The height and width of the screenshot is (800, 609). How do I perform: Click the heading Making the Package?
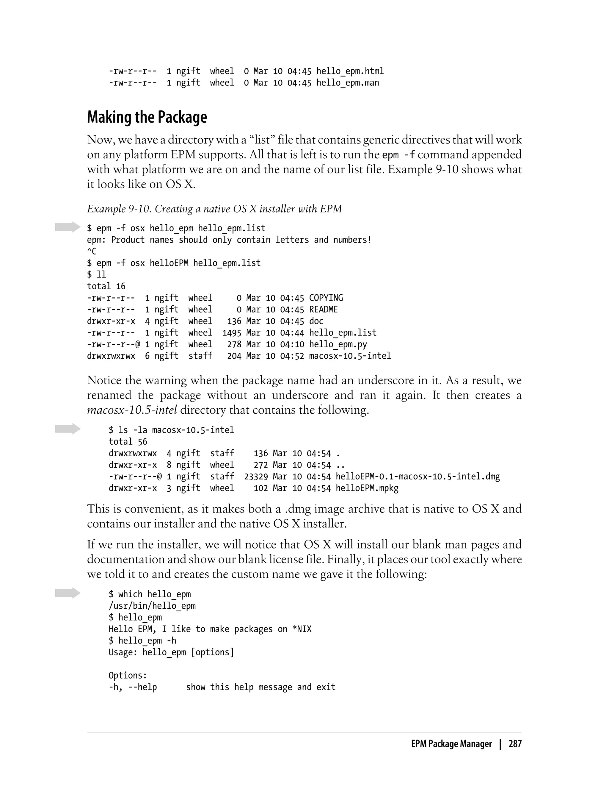click(147, 117)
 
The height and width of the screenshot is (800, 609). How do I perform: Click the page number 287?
click(515, 744)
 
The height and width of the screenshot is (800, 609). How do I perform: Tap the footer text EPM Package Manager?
click(451, 744)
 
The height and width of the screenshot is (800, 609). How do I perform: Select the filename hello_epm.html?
click(350, 71)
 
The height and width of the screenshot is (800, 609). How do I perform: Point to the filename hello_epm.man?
click(347, 83)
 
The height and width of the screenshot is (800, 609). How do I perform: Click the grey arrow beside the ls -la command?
click(68, 429)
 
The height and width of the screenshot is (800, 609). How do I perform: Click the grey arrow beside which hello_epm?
click(68, 593)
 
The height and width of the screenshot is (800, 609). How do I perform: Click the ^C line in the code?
click(92, 251)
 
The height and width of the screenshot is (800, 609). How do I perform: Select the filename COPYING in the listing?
click(326, 298)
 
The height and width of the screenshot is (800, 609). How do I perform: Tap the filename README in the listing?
click(323, 310)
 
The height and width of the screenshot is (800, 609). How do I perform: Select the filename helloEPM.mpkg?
click(367, 488)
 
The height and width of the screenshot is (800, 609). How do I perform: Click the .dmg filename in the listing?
click(417, 476)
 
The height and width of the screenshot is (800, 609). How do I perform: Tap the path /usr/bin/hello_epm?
click(152, 606)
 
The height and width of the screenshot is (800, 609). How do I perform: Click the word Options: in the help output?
click(128, 675)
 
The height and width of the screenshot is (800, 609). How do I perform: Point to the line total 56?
click(128, 442)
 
